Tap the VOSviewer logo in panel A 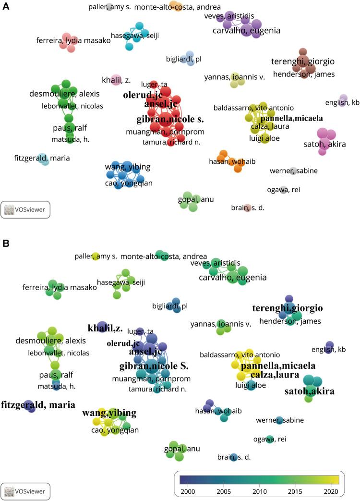pos(26,209)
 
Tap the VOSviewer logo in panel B pos(26,491)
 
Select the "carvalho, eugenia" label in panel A pos(246,31)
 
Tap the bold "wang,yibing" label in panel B pos(109,413)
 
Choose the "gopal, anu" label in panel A pos(196,199)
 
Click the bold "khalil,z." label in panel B pos(105,329)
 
